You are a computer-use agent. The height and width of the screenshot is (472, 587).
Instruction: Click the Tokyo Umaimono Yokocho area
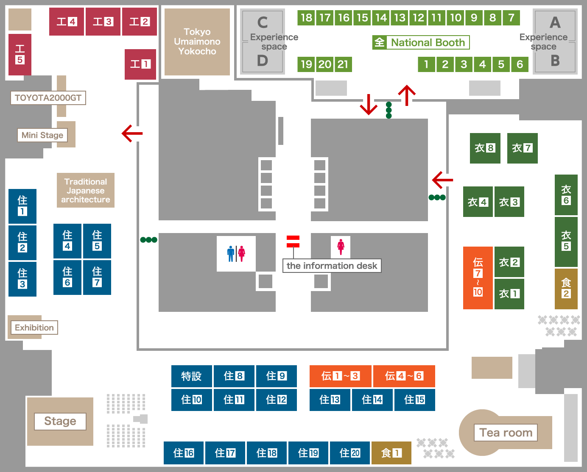pyautogui.click(x=197, y=42)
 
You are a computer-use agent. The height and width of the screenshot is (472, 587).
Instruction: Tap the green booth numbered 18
pyautogui.click(x=306, y=18)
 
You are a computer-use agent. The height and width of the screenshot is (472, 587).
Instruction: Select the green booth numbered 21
pyautogui.click(x=343, y=64)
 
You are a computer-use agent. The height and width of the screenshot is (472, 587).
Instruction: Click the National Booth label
pyautogui.click(x=421, y=42)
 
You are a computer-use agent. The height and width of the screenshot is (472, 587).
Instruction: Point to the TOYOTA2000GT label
pyautogui.click(x=48, y=98)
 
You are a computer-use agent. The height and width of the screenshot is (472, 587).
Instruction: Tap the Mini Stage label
pyautogui.click(x=42, y=135)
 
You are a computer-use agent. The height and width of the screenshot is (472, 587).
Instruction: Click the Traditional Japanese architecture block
pyautogui.click(x=86, y=190)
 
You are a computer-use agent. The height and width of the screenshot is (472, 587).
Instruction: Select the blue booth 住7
pyautogui.click(x=97, y=278)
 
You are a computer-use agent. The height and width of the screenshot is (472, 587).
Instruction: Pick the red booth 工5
pyautogui.click(x=20, y=55)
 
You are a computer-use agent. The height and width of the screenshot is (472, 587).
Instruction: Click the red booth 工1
pyautogui.click(x=140, y=64)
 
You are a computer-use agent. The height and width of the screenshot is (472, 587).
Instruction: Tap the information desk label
pyautogui.click(x=332, y=266)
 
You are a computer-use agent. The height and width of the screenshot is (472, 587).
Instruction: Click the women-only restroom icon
pyautogui.click(x=341, y=247)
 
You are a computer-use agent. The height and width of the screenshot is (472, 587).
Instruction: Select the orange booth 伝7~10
pyautogui.click(x=478, y=278)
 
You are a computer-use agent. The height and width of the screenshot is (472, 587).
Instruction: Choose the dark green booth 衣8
pyautogui.click(x=485, y=148)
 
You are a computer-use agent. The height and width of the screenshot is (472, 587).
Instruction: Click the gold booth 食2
pyautogui.click(x=566, y=289)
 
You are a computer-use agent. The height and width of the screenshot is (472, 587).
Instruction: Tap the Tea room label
pyautogui.click(x=506, y=433)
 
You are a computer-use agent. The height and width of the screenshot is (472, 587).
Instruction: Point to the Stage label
pyautogui.click(x=60, y=421)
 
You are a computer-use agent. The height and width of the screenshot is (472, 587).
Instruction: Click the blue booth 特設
pyautogui.click(x=191, y=376)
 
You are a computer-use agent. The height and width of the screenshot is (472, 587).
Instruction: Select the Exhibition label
pyautogui.click(x=34, y=328)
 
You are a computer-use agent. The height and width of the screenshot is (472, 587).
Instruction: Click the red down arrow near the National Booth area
pyautogui.click(x=369, y=105)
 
